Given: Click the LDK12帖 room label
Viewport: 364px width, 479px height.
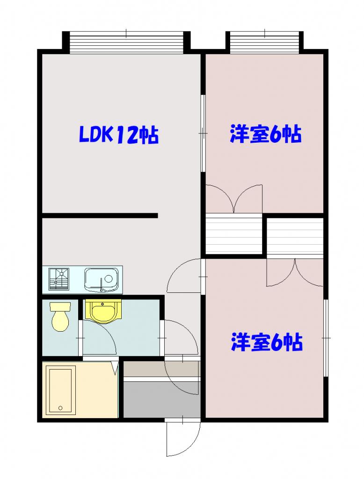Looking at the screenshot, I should coord(118,135).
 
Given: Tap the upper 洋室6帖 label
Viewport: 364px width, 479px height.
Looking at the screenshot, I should coord(265,135).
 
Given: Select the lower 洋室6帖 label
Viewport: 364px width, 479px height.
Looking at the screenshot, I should coord(266,342).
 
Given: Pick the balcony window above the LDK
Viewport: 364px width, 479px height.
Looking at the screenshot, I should coord(126,43).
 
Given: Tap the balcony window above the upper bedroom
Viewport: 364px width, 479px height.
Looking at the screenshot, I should coord(264,43).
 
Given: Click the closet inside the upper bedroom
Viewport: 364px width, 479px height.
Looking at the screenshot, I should coord(234,235).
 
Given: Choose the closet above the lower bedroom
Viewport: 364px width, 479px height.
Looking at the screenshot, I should coord(295,237).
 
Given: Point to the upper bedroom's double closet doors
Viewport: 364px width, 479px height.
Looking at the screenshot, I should coord(234,199).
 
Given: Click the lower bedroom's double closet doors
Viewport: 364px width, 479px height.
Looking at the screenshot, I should coord(295,274).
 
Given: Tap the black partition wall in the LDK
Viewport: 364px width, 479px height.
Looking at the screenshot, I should coord(100,216).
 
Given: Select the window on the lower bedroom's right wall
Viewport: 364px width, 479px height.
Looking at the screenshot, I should coord(326,337).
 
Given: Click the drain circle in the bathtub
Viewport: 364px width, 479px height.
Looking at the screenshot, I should coord(60,408).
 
